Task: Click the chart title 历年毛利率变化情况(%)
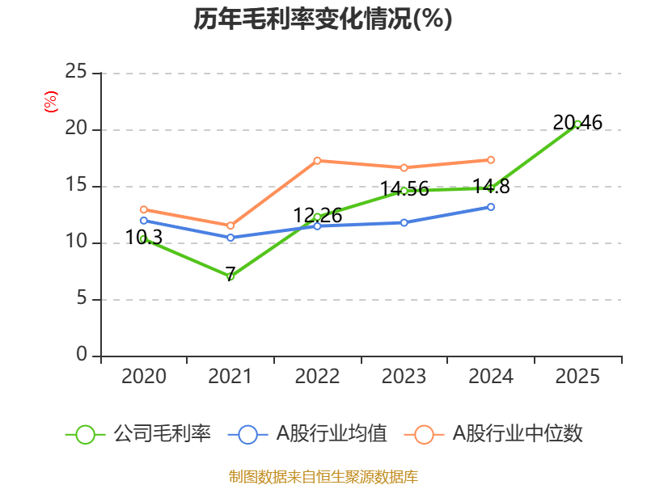pyautogui.click(x=323, y=19)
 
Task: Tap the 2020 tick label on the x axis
pyautogui.click(x=143, y=376)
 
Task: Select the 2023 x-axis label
pyautogui.click(x=404, y=376)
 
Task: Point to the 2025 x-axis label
pyautogui.click(x=577, y=376)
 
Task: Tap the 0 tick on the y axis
pyautogui.click(x=82, y=356)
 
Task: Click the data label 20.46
pyautogui.click(x=577, y=123)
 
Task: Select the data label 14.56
pyautogui.click(x=404, y=190)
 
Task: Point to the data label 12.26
pyautogui.click(x=317, y=216)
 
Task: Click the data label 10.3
pyautogui.click(x=144, y=238)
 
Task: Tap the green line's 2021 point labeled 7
pyautogui.click(x=230, y=276)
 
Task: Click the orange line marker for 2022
pyautogui.click(x=317, y=161)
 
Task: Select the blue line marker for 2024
pyautogui.click(x=491, y=207)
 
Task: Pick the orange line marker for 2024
pyautogui.click(x=491, y=160)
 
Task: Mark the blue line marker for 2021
pyautogui.click(x=230, y=238)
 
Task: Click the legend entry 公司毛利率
pyautogui.click(x=162, y=434)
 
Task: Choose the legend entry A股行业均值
pyautogui.click(x=332, y=434)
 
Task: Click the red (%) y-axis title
pyautogui.click(x=51, y=102)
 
